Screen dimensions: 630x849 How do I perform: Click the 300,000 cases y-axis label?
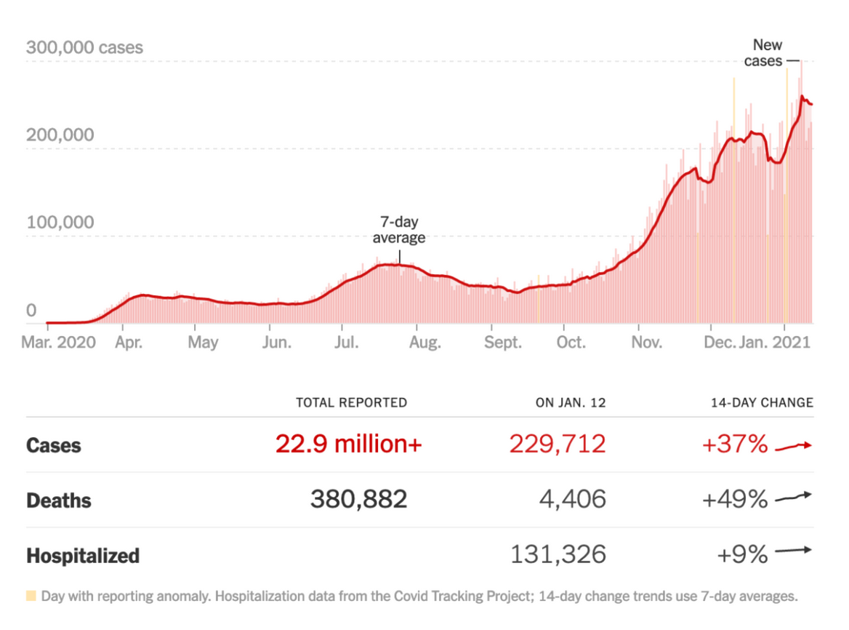tap(84, 48)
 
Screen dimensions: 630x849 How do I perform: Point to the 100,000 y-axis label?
tap(60, 222)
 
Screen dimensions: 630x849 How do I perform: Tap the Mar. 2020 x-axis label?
tap(60, 342)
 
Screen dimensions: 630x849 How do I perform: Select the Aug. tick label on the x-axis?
tap(424, 342)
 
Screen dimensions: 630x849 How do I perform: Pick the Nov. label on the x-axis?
tap(645, 342)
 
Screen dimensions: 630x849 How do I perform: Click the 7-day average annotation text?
tap(398, 230)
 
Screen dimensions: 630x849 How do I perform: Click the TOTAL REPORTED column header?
tap(351, 402)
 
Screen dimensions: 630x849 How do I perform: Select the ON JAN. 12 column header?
tap(571, 402)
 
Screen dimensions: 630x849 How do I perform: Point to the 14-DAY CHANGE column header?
tap(762, 402)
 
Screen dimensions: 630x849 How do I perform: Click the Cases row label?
tap(54, 445)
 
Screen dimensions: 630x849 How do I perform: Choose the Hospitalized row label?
tap(83, 557)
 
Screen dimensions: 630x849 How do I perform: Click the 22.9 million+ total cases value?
tap(348, 444)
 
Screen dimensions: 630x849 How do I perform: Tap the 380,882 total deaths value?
tap(358, 500)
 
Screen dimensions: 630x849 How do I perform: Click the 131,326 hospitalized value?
tap(558, 555)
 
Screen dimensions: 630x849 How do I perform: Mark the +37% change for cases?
tap(734, 444)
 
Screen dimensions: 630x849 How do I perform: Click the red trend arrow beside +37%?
tap(793, 446)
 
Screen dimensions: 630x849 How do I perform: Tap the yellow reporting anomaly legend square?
tap(31, 597)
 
